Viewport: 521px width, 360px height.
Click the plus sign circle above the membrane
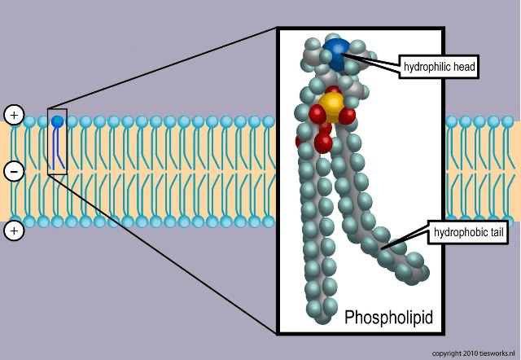(x=14, y=114)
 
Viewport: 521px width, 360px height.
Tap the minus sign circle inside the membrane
(x=14, y=171)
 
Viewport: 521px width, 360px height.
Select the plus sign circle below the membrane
(x=14, y=231)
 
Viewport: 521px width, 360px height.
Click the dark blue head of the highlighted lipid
(x=57, y=121)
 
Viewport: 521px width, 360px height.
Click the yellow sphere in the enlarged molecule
(x=332, y=103)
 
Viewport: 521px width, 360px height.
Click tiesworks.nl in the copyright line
(x=497, y=353)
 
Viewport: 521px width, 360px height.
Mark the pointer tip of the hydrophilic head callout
(x=344, y=53)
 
